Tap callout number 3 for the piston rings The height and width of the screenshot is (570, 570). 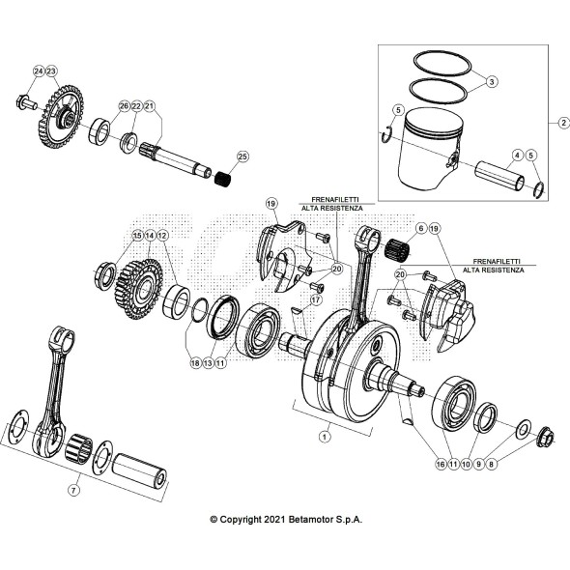point(491,83)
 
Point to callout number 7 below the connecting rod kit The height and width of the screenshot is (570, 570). point(72,490)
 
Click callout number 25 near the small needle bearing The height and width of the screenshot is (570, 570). point(242,156)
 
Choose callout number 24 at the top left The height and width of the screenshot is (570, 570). point(39,71)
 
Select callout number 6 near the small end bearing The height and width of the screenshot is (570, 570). point(421,229)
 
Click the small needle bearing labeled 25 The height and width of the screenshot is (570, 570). point(224,176)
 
